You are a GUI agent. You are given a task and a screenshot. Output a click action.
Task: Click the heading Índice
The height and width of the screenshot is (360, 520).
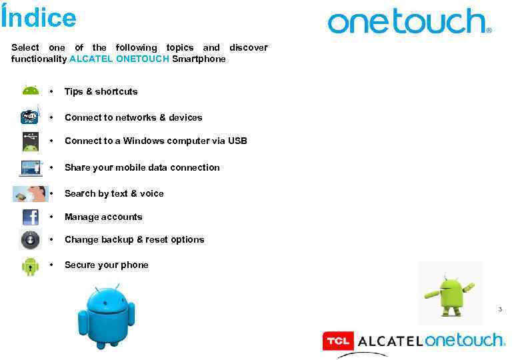[x=39, y=17]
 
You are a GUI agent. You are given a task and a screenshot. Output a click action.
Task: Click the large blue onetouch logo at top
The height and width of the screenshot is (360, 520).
[x=409, y=21]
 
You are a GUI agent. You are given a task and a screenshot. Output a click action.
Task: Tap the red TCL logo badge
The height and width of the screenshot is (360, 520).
[x=338, y=341]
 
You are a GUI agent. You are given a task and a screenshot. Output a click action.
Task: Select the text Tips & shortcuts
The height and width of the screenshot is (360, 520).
[x=101, y=91]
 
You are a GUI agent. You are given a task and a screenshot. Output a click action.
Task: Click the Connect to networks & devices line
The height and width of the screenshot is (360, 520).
[x=133, y=117]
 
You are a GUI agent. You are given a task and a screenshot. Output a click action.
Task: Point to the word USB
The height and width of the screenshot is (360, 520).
[x=237, y=141]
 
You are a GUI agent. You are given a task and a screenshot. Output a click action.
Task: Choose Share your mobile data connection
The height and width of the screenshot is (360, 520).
[x=142, y=167]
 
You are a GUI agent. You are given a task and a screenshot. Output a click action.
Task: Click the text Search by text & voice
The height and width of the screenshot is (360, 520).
[x=114, y=193]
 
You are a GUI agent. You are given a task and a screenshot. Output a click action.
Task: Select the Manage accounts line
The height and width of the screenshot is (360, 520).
[x=103, y=217]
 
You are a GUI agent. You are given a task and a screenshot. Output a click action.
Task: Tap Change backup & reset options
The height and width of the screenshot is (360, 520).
[x=134, y=239]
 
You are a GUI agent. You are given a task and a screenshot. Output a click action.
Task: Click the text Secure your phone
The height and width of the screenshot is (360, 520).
[x=107, y=265]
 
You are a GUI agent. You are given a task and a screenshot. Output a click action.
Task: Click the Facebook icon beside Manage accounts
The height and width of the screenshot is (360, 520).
[x=31, y=217]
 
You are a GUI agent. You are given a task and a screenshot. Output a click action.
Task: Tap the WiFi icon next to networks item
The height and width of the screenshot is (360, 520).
[x=30, y=117]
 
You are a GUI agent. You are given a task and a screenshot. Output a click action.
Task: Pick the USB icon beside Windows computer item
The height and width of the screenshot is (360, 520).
[x=30, y=141]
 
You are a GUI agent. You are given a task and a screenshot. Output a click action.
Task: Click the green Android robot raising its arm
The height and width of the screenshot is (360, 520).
[x=451, y=293]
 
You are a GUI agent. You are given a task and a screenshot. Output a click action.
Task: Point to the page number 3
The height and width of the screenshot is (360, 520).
[x=500, y=309]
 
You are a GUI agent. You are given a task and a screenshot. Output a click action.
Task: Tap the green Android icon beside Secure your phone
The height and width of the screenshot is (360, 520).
[x=30, y=265]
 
